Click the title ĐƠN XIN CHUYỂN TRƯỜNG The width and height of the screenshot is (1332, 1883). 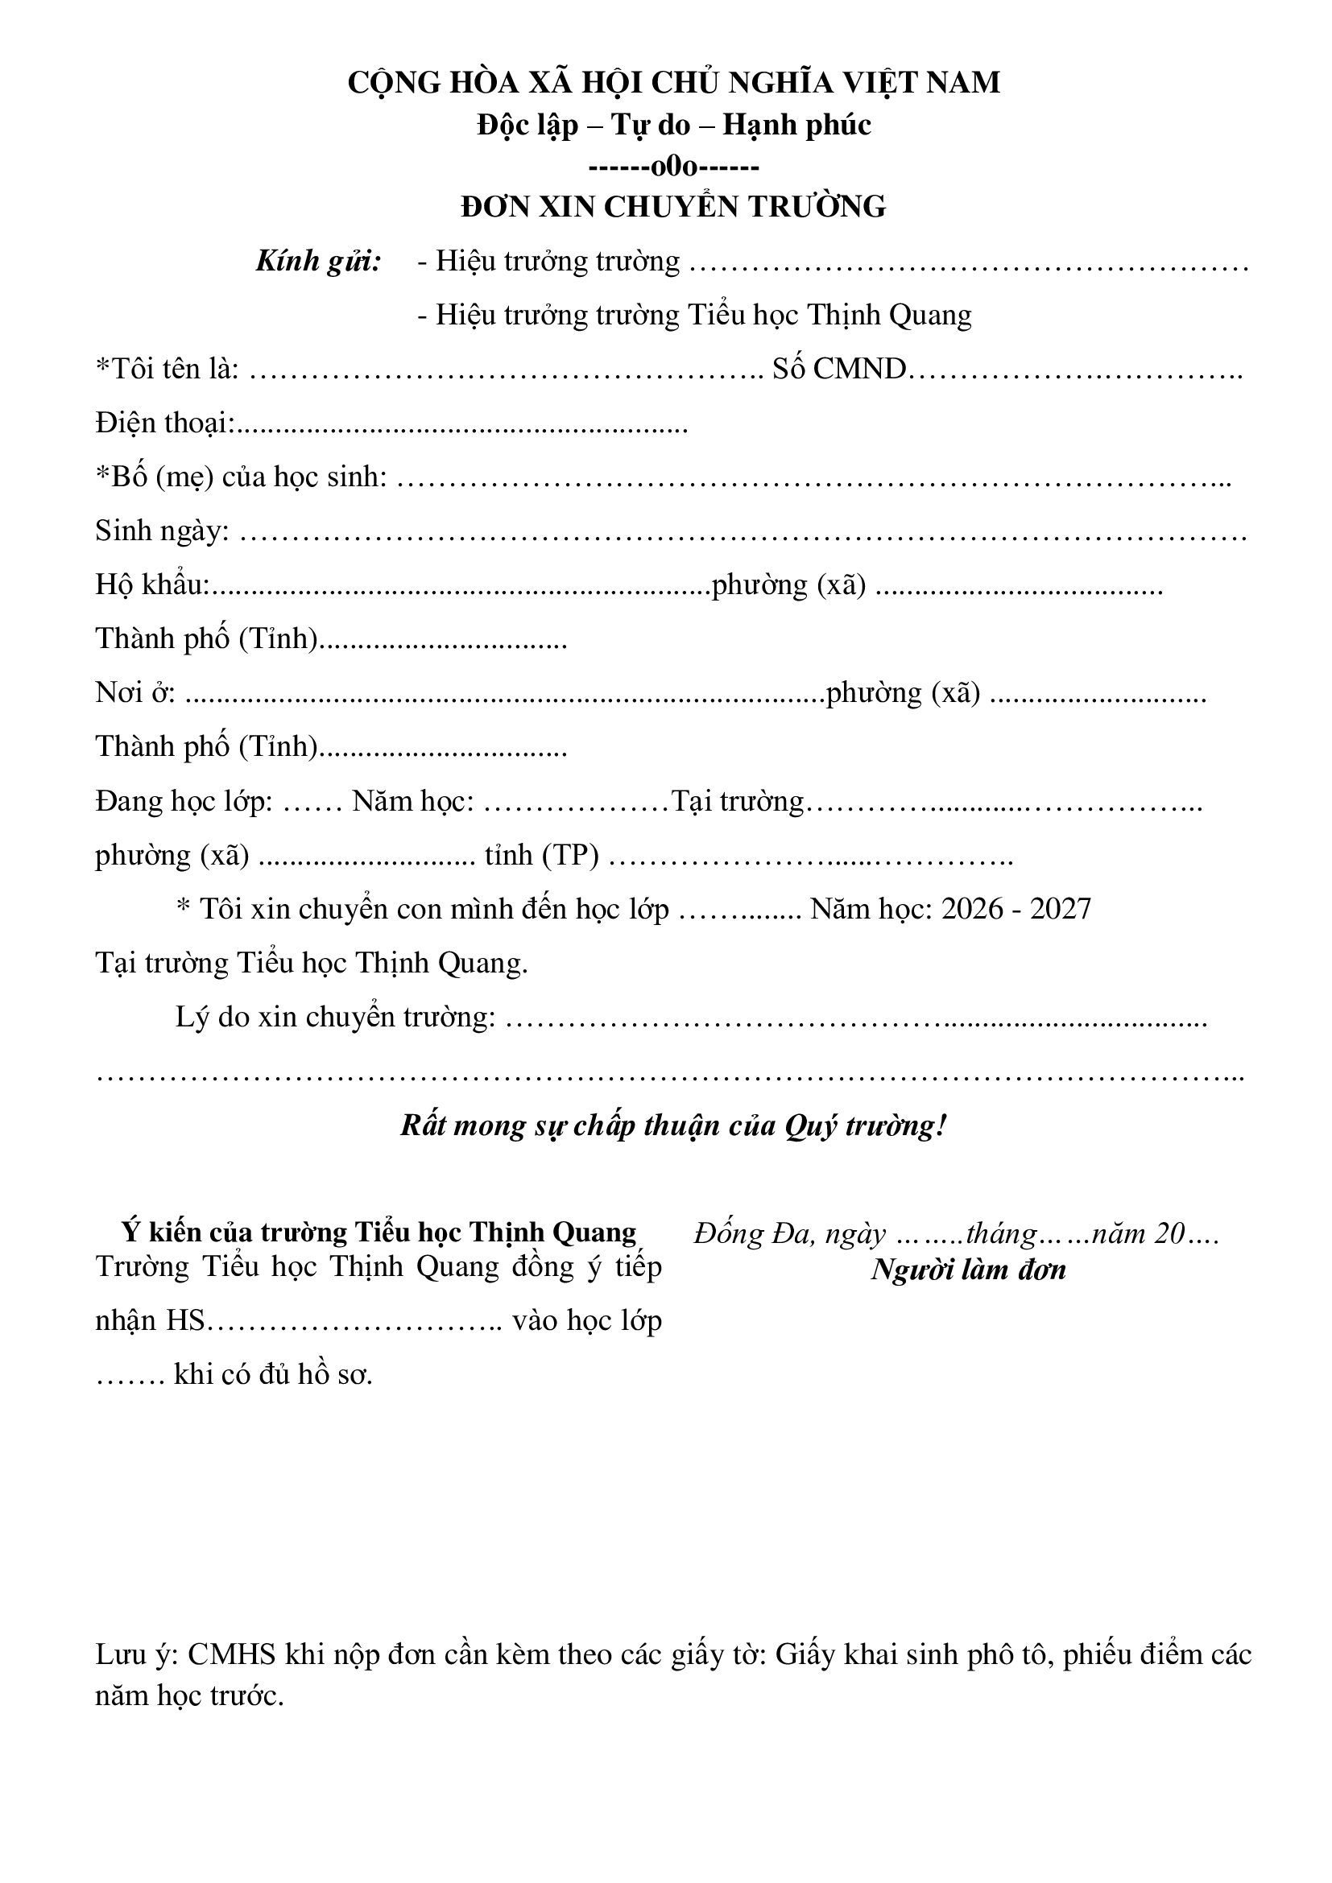(672, 207)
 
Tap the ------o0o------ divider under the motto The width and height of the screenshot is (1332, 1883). (673, 167)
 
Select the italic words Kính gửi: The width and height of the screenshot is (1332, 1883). (318, 262)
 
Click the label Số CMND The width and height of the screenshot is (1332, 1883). (838, 370)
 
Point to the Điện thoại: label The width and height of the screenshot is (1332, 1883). (165, 423)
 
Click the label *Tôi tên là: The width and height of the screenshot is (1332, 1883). (168, 370)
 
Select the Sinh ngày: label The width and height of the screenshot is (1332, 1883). (162, 531)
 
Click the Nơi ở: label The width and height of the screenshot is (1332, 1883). (135, 693)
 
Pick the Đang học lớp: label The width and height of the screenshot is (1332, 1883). (184, 801)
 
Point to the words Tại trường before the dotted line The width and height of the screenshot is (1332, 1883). (738, 801)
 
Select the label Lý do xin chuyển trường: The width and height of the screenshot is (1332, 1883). (336, 1017)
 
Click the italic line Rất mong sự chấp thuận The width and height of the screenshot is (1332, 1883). (672, 1125)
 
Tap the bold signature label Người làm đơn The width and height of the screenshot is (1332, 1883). (968, 1270)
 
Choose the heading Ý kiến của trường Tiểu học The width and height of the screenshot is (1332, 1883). (379, 1233)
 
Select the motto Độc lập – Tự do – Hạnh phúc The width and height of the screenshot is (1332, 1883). (673, 125)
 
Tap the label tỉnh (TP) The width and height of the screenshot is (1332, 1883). (541, 856)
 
